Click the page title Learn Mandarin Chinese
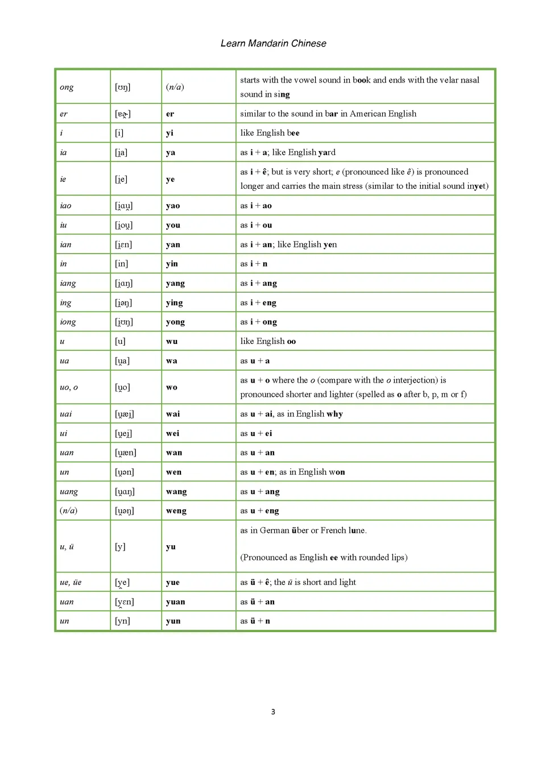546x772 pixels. point(273,44)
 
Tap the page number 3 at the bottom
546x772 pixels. point(273,712)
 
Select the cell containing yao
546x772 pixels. point(173,206)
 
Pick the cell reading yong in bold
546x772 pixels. point(175,322)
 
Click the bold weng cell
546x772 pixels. point(176,511)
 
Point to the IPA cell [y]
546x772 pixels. point(120,547)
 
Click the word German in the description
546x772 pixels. point(274,530)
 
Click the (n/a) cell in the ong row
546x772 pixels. point(175,87)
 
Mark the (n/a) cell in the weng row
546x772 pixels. point(68,510)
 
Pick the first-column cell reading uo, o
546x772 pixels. point(69,387)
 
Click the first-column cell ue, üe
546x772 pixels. point(71,583)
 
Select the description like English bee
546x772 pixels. point(270,133)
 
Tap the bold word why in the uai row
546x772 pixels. point(334,414)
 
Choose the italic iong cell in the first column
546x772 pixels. point(68,322)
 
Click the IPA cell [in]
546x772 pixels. point(121,264)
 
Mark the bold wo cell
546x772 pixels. point(172,387)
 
